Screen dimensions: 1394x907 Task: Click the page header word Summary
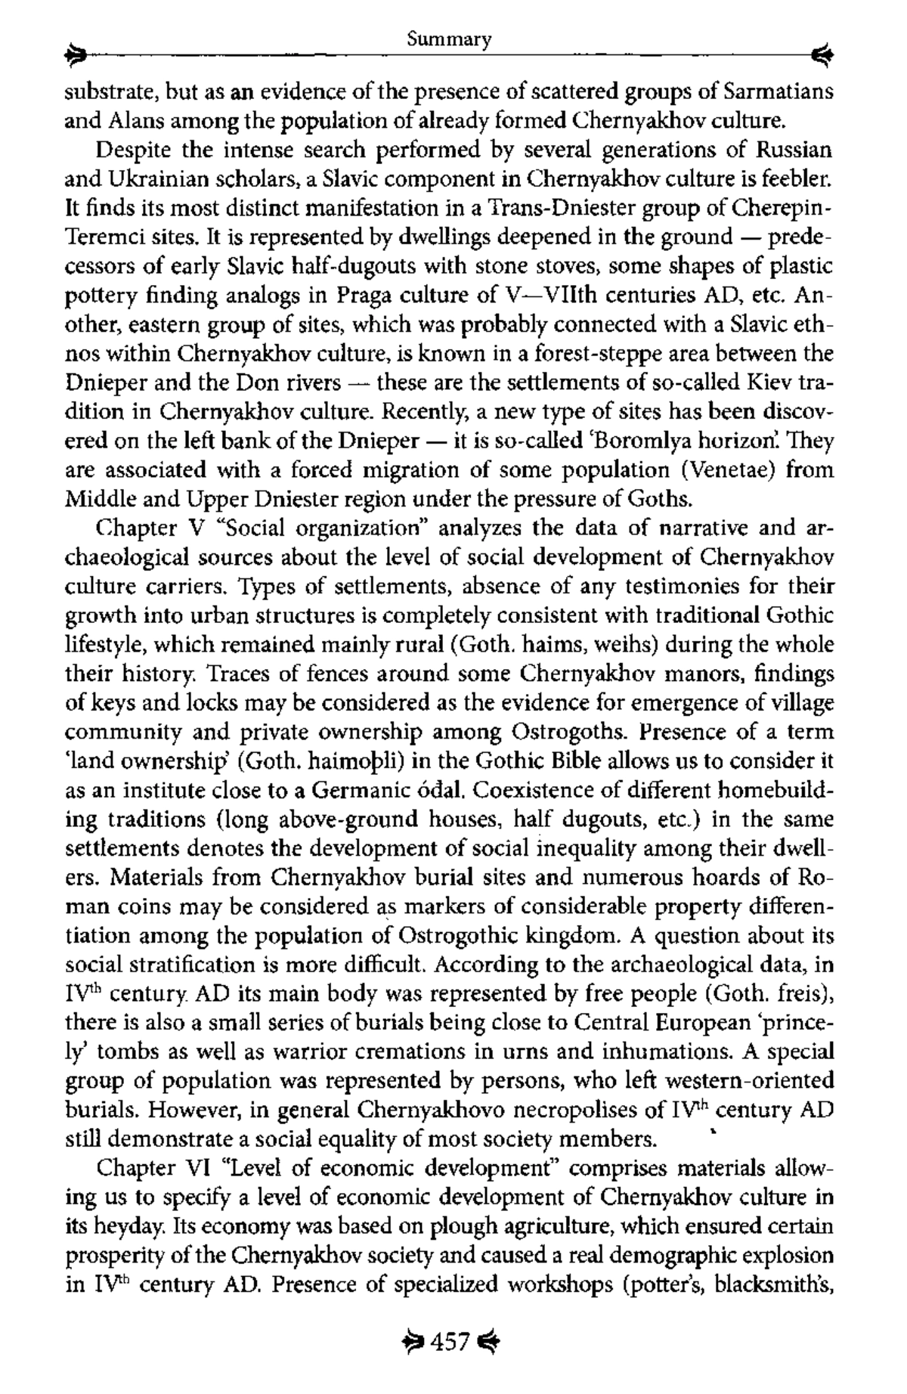[449, 39]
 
